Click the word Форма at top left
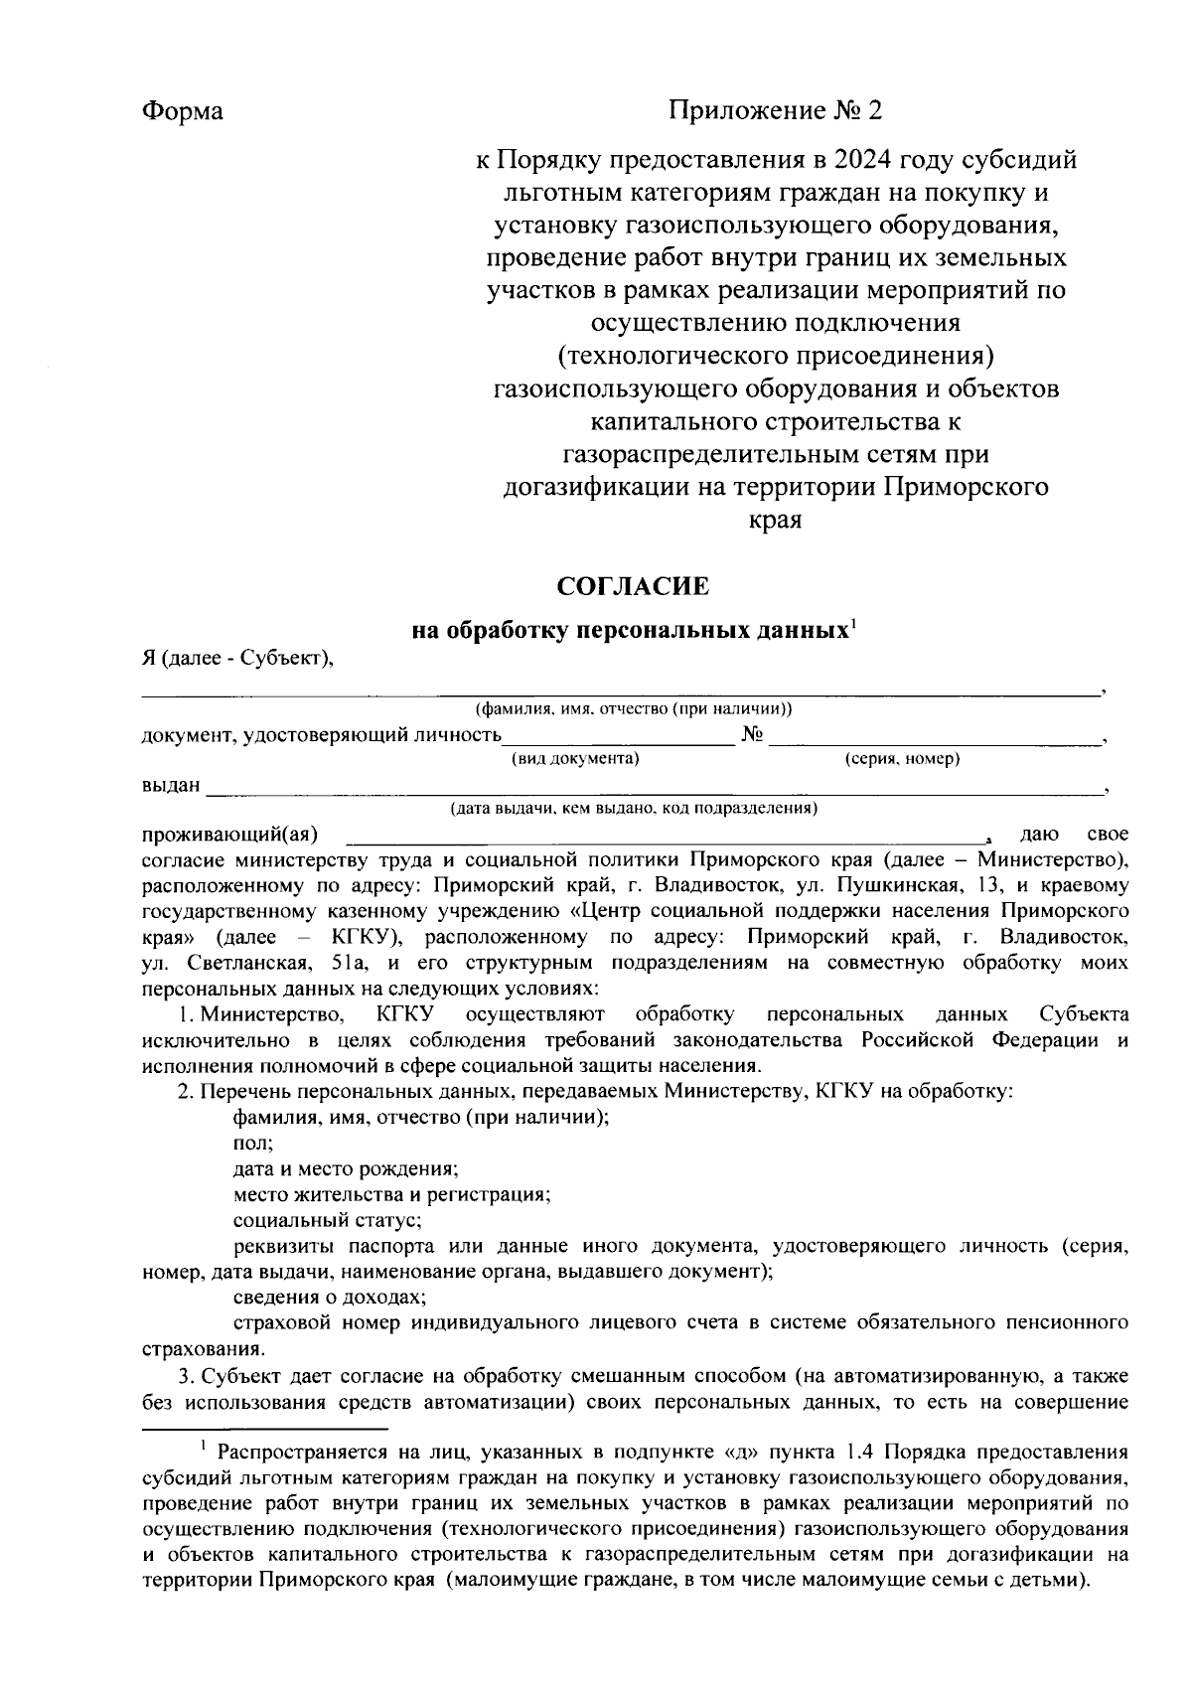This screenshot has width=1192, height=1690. pos(182,110)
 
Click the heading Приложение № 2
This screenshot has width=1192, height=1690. pos(775,110)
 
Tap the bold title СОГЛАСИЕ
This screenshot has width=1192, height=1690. pos(633,586)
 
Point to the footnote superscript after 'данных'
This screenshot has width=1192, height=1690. pos(854,624)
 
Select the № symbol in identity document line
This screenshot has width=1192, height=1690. pos(752,735)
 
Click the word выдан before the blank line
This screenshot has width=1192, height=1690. pos(171,786)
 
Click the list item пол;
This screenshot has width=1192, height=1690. pos(246,1144)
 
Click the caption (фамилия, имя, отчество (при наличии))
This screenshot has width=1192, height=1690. pos(633,709)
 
